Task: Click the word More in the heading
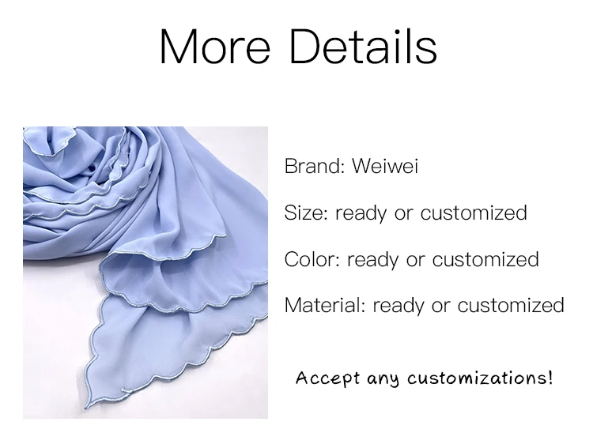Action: point(215,47)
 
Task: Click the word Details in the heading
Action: point(364,47)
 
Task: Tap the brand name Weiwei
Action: point(385,166)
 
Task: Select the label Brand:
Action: point(315,166)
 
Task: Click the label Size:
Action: point(306,213)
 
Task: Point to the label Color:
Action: point(312,259)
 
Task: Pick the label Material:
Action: point(325,306)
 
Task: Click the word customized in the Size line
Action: point(474,213)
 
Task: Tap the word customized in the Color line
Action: point(485,259)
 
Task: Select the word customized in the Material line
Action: point(511,306)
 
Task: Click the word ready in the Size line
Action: point(361,214)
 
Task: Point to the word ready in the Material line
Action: point(398,307)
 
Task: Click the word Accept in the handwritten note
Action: point(327,378)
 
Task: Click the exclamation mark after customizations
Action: point(550,378)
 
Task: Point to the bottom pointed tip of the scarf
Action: point(86,408)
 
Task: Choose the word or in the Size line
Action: point(403,214)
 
